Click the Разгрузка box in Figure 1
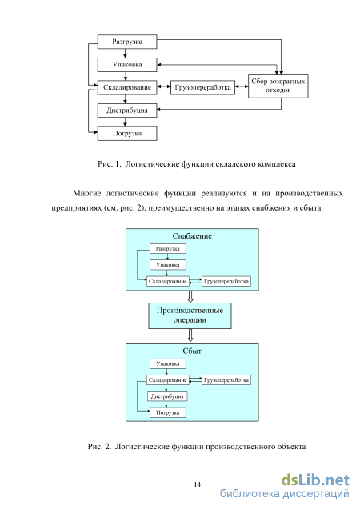(x=127, y=42)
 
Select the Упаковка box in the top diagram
(x=127, y=65)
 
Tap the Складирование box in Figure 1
(x=127, y=87)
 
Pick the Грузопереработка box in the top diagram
(x=202, y=87)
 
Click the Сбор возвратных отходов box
(x=278, y=86)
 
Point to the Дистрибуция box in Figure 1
(x=127, y=110)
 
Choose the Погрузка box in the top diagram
(x=127, y=134)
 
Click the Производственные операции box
(x=190, y=315)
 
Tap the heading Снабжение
(x=192, y=236)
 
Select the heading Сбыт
(x=192, y=351)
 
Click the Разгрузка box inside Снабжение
(x=168, y=249)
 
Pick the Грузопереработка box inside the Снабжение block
(x=226, y=281)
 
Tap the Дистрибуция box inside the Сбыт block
(x=167, y=396)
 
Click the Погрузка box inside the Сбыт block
(x=168, y=413)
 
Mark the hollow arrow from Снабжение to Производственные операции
(x=190, y=296)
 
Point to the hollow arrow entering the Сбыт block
(x=190, y=335)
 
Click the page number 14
(x=198, y=484)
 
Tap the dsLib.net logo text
(x=315, y=480)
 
